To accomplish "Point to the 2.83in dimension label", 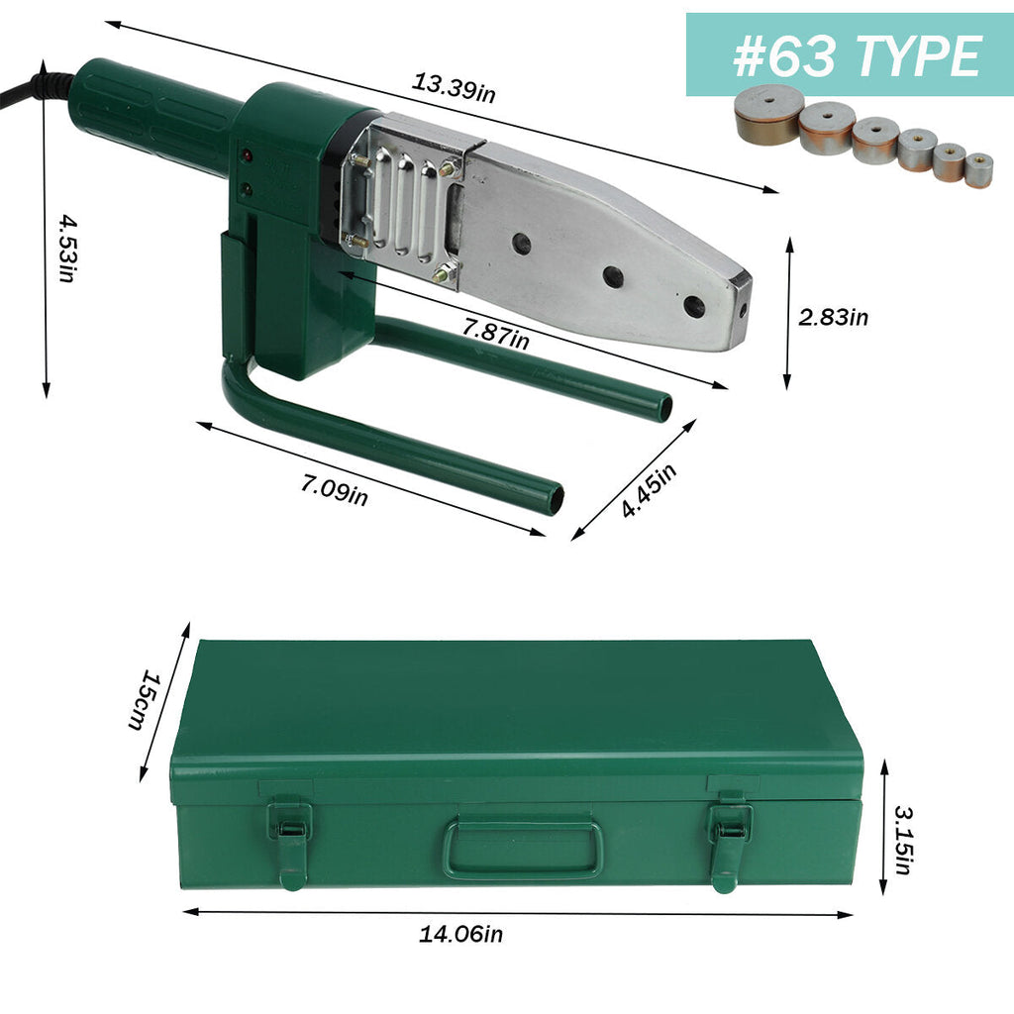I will point(833,317).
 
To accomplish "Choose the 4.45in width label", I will point(649,490).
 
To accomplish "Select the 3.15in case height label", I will point(902,840).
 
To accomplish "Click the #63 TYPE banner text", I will point(857,55).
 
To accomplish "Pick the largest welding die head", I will point(769,115).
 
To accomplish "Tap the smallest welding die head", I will point(978,169).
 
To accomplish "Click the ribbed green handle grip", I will point(158,117).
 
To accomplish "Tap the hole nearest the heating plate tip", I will point(694,306).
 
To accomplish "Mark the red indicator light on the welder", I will point(246,156).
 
